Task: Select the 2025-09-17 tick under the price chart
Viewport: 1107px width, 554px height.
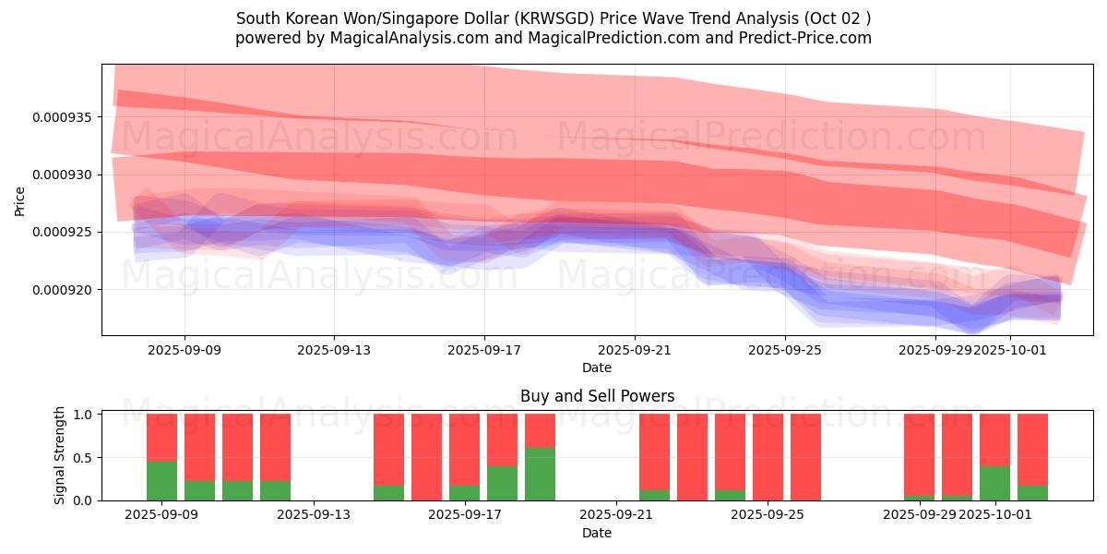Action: click(484, 351)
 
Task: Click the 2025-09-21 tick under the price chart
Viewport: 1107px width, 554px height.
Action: click(635, 351)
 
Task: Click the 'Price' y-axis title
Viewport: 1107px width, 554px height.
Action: click(20, 200)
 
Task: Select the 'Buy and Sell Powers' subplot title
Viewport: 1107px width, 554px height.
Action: click(597, 396)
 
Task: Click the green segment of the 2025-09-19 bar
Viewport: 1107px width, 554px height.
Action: click(540, 474)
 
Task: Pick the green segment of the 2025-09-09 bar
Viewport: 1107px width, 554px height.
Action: click(161, 481)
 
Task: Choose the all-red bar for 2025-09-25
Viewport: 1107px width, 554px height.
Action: click(768, 457)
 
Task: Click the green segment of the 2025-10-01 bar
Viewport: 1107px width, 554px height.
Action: click(994, 483)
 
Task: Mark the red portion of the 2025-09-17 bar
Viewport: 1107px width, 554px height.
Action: click(464, 449)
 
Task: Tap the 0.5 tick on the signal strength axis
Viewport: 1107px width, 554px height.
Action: click(85, 457)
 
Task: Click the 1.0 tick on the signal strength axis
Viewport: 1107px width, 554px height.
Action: click(85, 415)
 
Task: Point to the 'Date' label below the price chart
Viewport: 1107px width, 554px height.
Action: click(597, 367)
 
